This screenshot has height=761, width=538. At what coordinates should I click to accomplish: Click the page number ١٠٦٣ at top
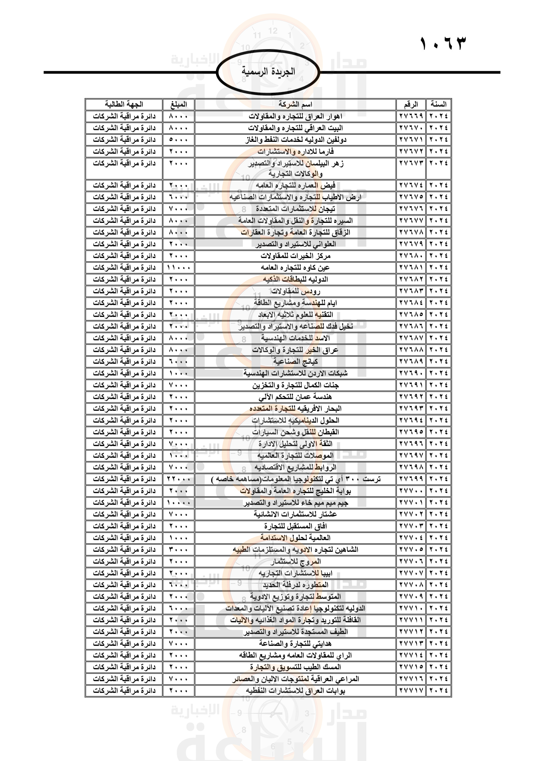coord(443,44)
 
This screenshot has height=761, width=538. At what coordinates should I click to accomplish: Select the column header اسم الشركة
coord(295,104)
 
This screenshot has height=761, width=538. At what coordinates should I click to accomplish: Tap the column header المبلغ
coord(179,104)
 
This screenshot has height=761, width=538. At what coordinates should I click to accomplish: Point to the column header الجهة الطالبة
coord(124,104)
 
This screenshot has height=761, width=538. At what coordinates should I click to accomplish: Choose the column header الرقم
coord(411,104)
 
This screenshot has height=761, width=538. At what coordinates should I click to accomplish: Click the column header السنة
coord(438,104)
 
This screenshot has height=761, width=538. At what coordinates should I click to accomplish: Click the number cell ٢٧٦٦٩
coord(411,116)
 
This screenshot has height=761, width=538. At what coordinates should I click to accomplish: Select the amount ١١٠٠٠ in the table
coord(179,267)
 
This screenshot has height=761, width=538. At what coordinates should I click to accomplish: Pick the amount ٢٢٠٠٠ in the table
coord(179,479)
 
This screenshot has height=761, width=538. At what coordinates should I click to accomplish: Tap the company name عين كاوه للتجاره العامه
coord(295,267)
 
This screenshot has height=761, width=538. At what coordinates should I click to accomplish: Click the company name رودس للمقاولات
coord(295,291)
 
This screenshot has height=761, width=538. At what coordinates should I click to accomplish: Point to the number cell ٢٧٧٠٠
coord(411,491)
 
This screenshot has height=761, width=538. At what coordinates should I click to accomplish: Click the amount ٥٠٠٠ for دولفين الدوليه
coord(179,140)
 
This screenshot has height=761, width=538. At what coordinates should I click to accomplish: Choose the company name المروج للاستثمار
coord(295,562)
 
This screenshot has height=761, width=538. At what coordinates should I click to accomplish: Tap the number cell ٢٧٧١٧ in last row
coord(411,691)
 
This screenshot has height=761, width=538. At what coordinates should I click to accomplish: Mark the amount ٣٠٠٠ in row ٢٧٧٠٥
coord(179,550)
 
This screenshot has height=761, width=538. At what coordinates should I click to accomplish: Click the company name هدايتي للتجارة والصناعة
coord(295,644)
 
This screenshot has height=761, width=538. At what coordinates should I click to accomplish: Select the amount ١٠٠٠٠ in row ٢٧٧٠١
coord(179,502)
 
